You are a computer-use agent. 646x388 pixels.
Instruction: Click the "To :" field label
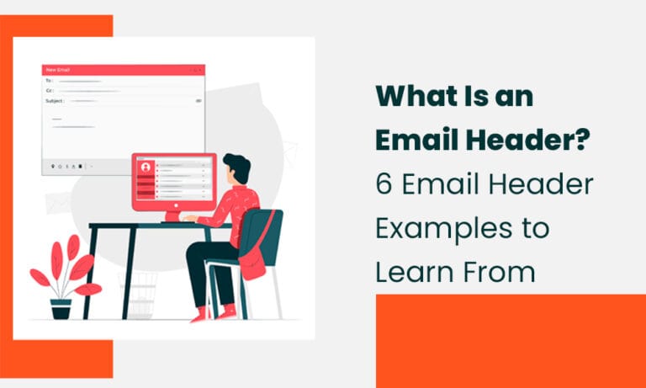coord(50,80)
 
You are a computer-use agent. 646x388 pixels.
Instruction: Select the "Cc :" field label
coord(50,90)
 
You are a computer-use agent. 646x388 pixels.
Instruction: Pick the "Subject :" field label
coord(55,100)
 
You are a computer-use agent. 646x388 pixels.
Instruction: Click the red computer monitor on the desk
coord(173,181)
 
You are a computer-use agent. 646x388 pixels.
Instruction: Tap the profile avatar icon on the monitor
coord(146,167)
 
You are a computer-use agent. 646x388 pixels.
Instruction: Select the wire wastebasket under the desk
coord(139,295)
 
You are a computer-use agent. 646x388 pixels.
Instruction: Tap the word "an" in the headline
coord(515,97)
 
